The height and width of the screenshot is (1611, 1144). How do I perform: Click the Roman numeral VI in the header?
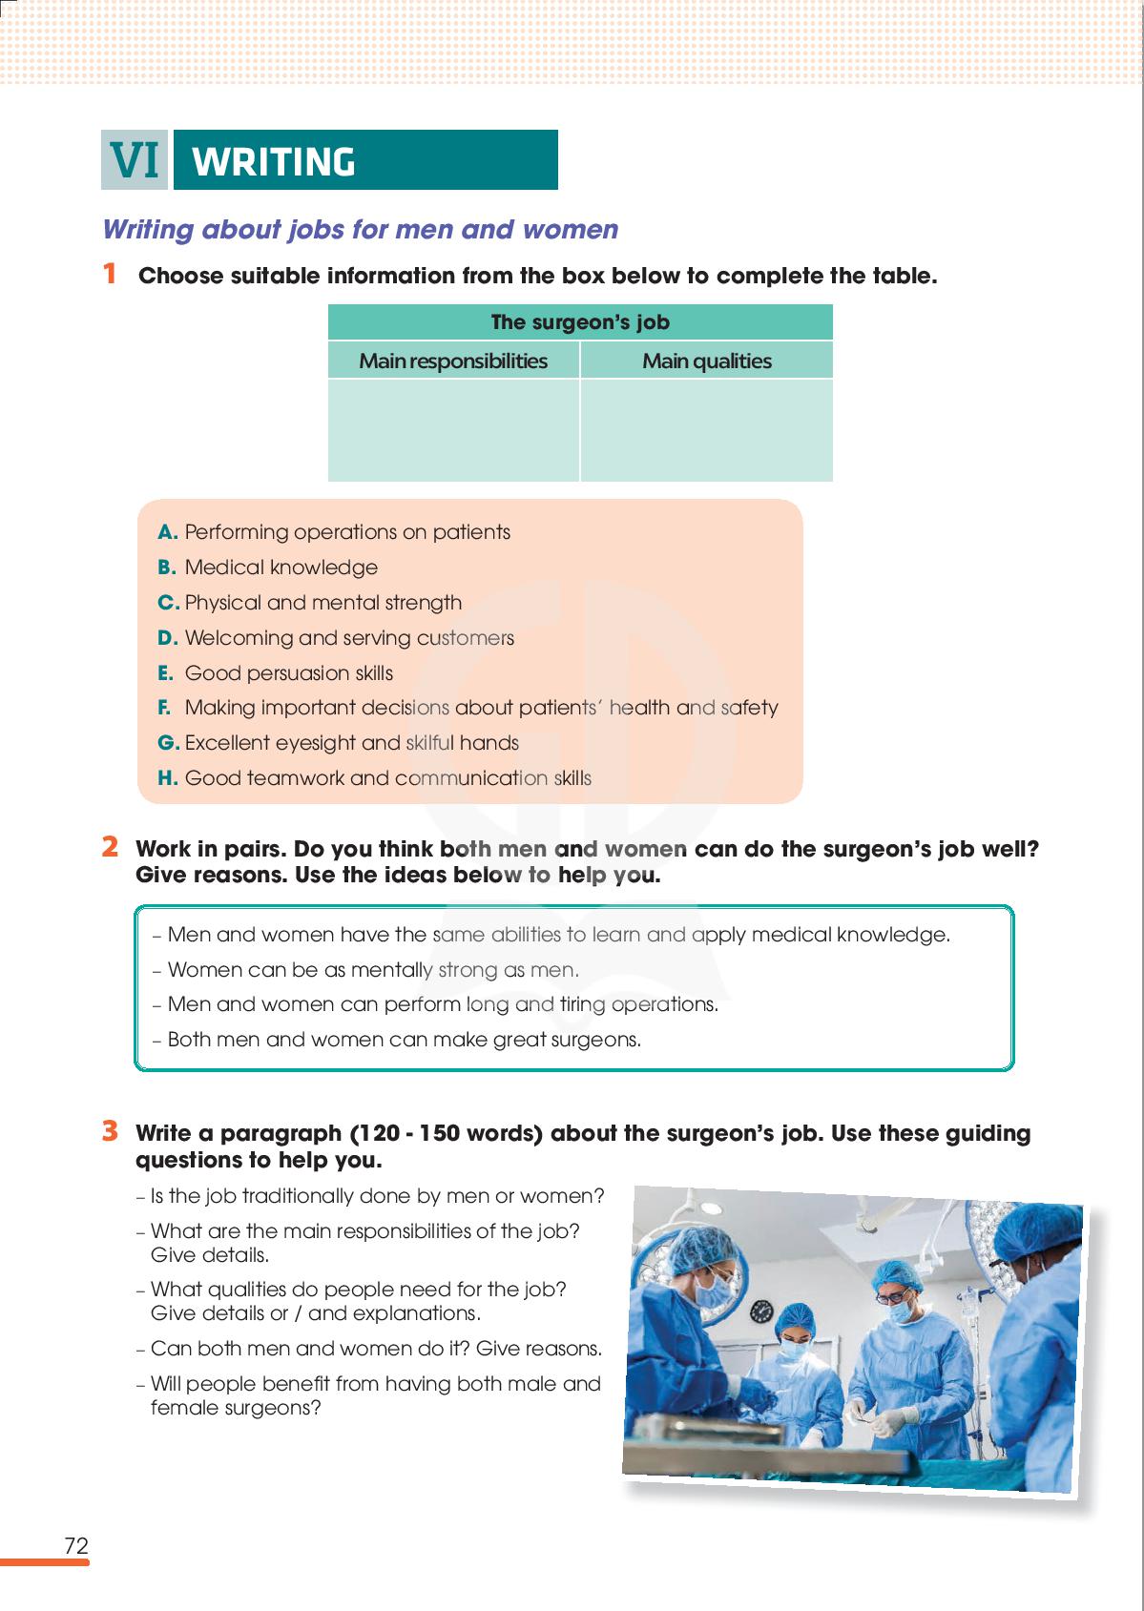[x=135, y=160]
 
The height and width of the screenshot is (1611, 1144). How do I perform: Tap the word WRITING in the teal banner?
[x=274, y=162]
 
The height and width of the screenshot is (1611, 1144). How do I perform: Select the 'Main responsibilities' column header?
[x=453, y=361]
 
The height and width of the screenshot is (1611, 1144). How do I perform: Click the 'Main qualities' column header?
[x=706, y=361]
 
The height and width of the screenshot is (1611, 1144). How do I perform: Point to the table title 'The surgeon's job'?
[x=580, y=322]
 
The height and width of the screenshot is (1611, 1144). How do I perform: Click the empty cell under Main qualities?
[x=706, y=430]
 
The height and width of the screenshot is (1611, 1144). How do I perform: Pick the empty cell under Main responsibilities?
[x=453, y=430]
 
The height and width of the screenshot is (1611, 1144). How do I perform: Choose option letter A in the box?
[x=168, y=532]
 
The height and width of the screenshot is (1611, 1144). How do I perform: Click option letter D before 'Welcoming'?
[x=168, y=638]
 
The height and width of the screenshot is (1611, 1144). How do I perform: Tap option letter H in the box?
[x=168, y=778]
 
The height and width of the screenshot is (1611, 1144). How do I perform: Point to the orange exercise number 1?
[x=111, y=275]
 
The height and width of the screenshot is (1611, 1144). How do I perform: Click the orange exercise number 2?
[x=111, y=847]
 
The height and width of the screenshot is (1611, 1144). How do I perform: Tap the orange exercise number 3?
[x=111, y=1132]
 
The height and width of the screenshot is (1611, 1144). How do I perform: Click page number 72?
[x=76, y=1546]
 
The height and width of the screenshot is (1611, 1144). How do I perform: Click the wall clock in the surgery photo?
[x=760, y=1311]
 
